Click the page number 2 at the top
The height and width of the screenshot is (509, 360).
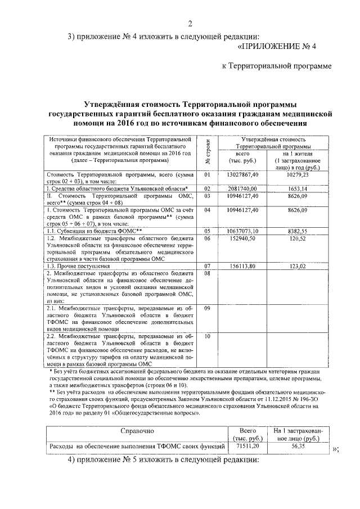190,23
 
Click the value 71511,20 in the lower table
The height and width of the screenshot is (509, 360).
247,446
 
